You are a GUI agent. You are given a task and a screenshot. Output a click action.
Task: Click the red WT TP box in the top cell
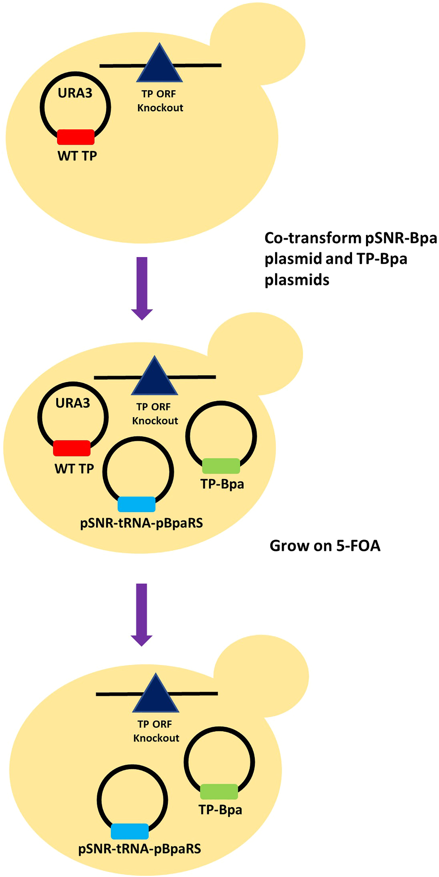[76, 137]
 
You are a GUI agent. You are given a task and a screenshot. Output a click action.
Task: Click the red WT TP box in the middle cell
[72, 448]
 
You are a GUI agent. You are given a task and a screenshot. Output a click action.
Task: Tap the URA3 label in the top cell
[75, 93]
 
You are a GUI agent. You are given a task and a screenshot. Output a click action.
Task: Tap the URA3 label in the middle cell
[72, 403]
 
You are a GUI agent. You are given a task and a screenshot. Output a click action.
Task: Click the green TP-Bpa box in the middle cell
[221, 466]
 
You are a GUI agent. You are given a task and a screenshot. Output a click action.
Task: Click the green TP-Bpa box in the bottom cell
[219, 792]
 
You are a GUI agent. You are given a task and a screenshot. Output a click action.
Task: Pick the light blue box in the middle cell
[137, 504]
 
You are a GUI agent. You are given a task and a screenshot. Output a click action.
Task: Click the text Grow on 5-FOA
[325, 546]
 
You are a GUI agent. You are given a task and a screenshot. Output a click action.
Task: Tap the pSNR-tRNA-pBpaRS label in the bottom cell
[140, 849]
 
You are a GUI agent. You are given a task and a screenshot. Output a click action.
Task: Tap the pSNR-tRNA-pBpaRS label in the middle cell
[141, 523]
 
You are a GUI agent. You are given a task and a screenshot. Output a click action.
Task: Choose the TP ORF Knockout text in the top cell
[160, 101]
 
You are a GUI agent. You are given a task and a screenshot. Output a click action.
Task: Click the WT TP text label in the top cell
[77, 156]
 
